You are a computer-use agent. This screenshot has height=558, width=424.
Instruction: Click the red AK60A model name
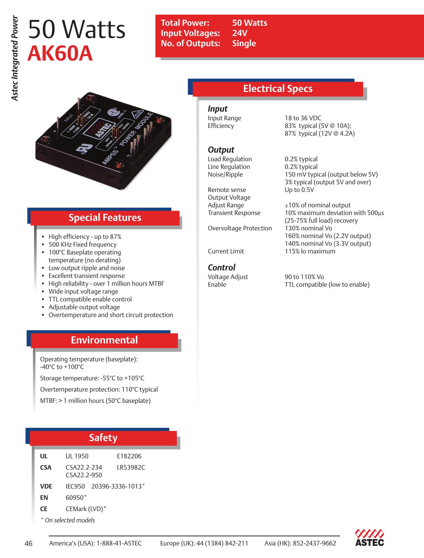60,54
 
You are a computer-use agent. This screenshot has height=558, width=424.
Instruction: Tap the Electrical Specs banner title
278,89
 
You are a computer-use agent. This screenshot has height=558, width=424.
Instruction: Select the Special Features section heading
105,217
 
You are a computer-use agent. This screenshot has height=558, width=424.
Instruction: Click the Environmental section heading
104,340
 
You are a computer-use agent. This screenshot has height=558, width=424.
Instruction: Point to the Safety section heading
103,438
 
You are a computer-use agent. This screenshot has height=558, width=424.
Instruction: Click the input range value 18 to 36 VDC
303,118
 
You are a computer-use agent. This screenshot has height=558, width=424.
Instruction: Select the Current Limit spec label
226,251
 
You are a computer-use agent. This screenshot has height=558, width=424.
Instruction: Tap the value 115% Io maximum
310,251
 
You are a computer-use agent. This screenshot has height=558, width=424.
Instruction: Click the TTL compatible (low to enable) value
327,285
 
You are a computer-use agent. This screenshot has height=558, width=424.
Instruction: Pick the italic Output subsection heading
221,150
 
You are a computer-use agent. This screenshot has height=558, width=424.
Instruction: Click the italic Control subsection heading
221,268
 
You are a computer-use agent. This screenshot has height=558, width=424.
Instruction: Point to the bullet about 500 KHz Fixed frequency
82,244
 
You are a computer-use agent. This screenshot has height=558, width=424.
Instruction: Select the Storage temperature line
92,378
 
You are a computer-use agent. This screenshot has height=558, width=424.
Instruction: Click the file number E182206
129,456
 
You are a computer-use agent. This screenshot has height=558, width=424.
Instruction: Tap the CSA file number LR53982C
131,467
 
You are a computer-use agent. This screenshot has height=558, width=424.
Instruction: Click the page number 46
29,543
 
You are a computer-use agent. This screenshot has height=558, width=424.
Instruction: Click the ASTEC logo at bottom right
369,538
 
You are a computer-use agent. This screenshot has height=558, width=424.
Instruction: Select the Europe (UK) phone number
204,543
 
